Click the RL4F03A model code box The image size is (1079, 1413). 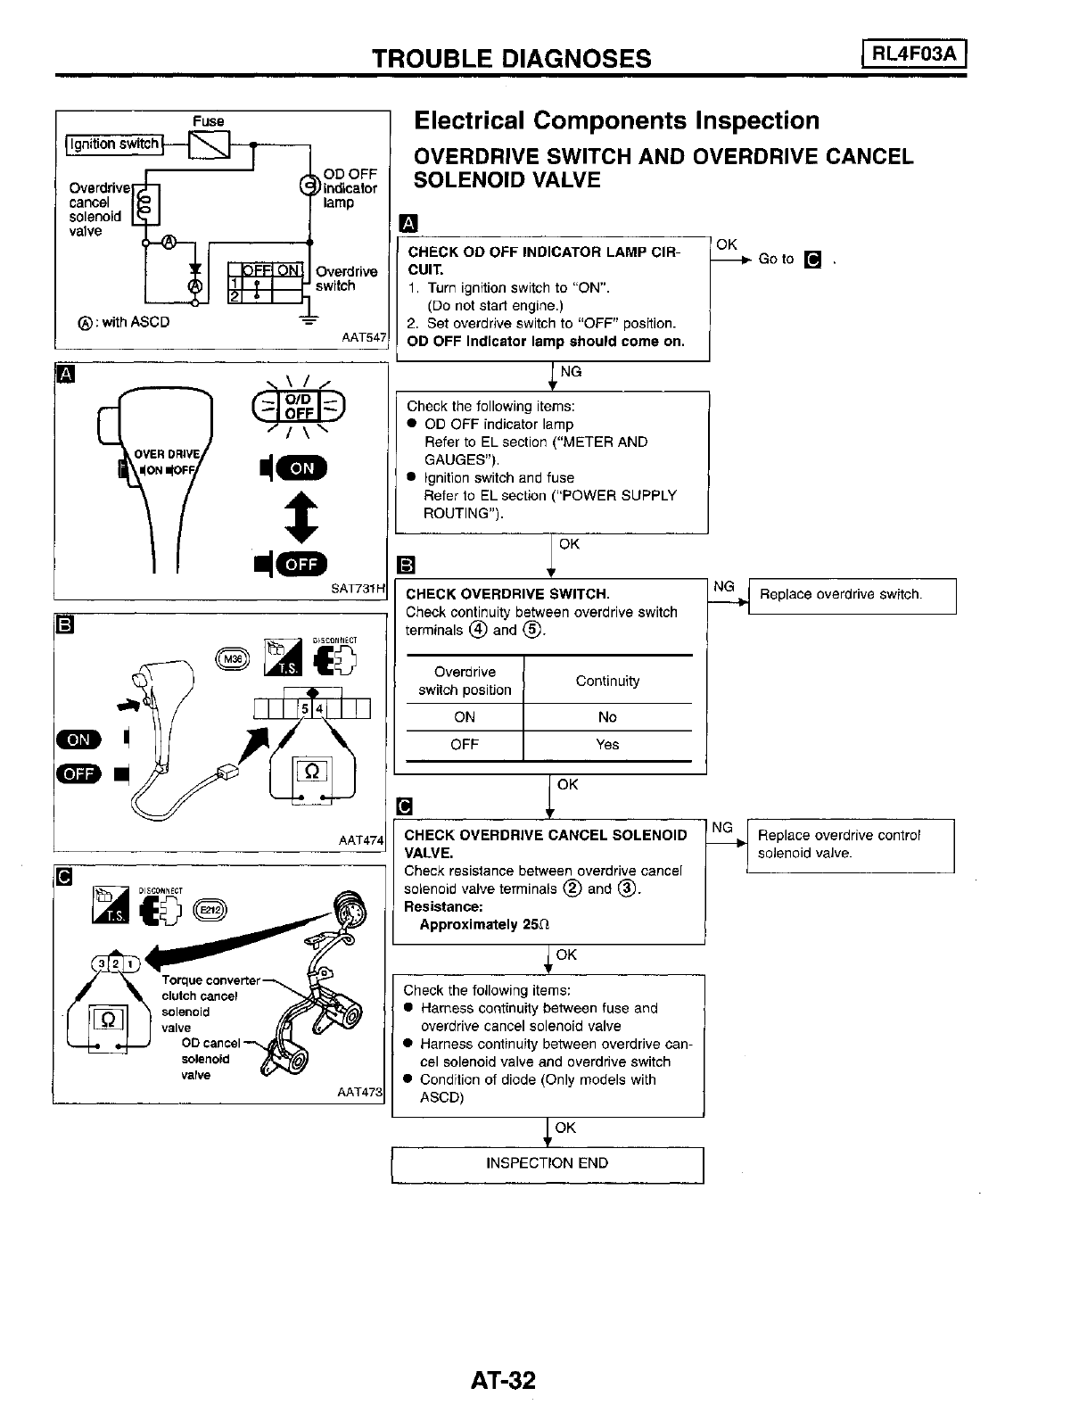click(914, 55)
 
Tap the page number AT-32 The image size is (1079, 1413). click(504, 1381)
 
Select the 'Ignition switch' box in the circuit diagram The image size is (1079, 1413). click(114, 145)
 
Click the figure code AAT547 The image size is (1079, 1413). click(364, 338)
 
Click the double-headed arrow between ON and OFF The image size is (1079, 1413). click(301, 516)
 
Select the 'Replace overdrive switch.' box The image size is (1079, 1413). click(852, 595)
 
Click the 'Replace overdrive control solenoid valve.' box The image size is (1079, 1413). click(850, 845)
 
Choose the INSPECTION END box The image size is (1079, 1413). click(548, 1163)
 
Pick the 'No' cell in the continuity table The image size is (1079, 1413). click(607, 717)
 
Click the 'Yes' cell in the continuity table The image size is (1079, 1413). click(607, 745)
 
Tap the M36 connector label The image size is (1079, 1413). click(231, 658)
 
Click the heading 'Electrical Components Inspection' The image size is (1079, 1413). click(616, 121)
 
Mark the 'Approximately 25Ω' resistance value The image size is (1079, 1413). click(484, 925)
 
